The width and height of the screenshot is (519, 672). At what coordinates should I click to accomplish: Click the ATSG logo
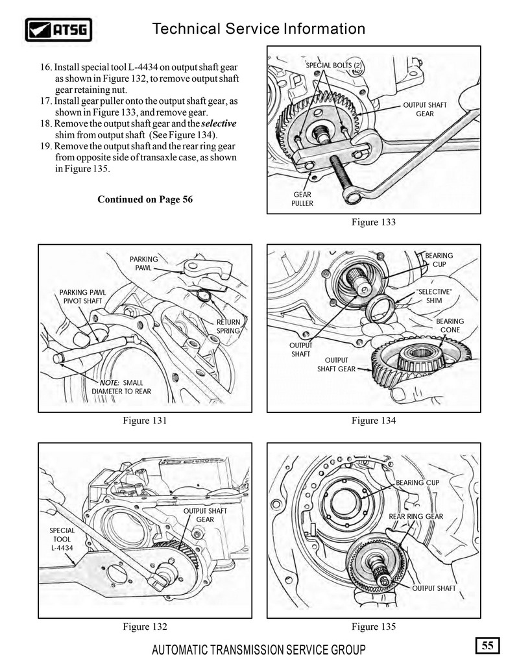point(59,29)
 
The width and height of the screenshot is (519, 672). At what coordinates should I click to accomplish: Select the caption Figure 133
point(373,222)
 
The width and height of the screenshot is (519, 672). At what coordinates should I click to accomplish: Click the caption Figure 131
point(145,421)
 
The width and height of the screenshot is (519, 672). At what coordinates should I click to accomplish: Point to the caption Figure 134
point(373,421)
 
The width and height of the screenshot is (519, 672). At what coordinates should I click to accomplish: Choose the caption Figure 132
point(145,627)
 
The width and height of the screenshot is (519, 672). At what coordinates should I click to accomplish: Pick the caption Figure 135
point(373,627)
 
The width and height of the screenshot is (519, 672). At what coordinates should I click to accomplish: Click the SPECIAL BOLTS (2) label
point(333,65)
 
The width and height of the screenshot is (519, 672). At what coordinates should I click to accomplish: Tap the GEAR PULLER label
point(302,199)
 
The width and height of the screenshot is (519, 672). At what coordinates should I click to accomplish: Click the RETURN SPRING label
point(228,326)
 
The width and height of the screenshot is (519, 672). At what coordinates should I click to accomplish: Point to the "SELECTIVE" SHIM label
point(433,295)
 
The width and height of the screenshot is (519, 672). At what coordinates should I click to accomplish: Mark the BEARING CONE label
point(450,325)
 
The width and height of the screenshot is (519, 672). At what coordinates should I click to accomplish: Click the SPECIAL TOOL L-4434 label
point(62,539)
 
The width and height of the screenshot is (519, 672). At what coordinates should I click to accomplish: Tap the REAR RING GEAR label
point(416,516)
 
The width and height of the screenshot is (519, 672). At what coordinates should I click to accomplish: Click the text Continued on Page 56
point(145,199)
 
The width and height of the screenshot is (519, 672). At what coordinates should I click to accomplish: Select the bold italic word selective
point(219,123)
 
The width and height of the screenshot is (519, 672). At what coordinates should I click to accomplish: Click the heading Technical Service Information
point(258,29)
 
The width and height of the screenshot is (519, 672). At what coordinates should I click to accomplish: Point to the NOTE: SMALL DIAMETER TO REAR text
point(121,387)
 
